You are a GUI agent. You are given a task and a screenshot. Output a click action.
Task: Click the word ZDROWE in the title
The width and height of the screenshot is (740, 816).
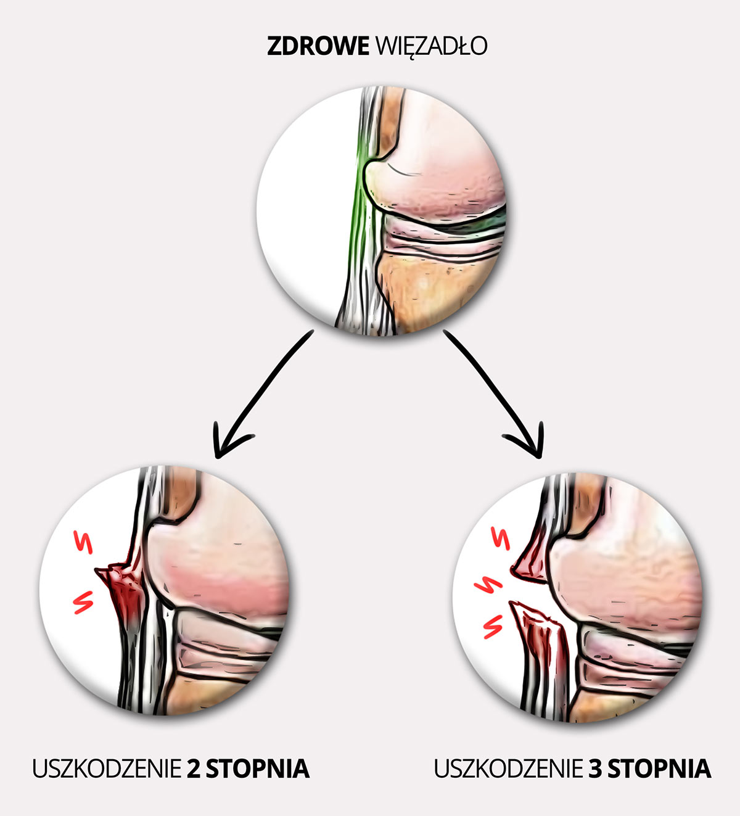click(x=317, y=46)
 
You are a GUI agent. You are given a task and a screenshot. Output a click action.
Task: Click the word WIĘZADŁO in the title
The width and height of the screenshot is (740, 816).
click(x=430, y=46)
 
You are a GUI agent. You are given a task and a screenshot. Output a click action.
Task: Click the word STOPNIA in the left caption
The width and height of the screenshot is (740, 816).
click(x=257, y=769)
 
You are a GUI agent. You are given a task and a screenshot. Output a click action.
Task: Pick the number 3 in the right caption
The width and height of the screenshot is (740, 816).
click(x=595, y=769)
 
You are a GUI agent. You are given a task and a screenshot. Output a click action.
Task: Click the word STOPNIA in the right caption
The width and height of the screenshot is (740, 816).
click(x=659, y=769)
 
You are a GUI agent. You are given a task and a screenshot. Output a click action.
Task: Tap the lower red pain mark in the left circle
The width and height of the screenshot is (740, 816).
click(x=83, y=601)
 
